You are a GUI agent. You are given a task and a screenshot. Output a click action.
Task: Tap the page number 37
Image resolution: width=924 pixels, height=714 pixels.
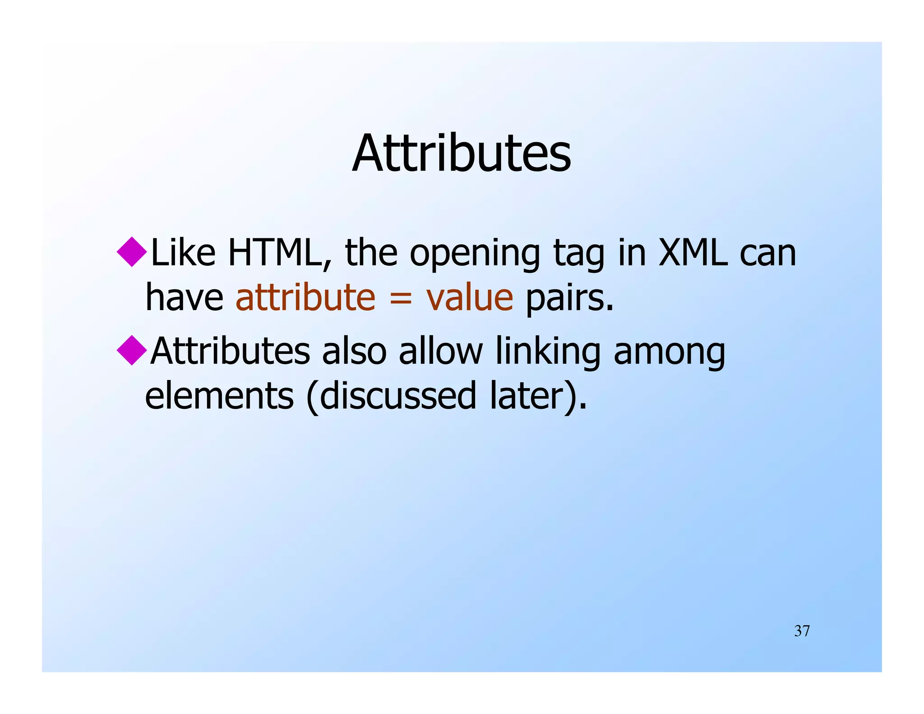[802, 631]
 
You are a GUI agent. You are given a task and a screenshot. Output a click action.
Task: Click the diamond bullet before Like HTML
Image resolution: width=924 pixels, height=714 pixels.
[132, 252]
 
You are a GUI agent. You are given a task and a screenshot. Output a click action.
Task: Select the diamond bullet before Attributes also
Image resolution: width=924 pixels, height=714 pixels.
[132, 350]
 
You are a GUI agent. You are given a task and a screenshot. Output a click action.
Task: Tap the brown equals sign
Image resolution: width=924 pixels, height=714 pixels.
[401, 299]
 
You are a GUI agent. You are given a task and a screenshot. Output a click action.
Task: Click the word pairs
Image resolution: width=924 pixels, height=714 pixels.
[569, 299]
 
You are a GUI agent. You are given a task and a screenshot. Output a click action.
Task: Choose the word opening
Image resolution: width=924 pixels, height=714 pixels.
[475, 255]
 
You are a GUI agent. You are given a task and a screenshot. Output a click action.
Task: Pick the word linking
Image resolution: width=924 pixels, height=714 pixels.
[548, 352]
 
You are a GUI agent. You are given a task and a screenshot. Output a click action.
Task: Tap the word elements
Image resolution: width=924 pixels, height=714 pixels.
[219, 396]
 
